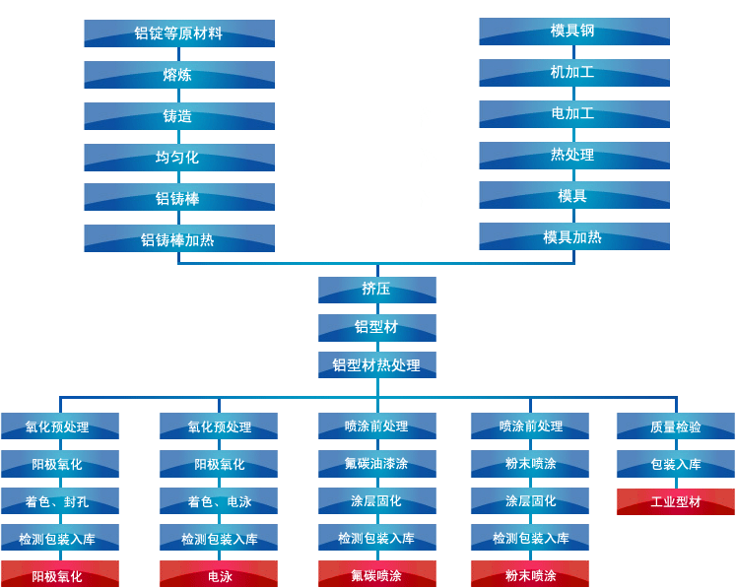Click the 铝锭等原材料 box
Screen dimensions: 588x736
[x=178, y=33]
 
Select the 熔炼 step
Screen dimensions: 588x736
[x=178, y=75]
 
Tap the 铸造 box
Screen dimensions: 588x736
[x=178, y=116]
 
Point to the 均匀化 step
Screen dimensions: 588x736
[x=178, y=158]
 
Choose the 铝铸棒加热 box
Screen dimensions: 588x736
[x=178, y=239]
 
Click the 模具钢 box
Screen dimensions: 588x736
[x=573, y=31]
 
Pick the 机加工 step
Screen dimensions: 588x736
[x=573, y=72]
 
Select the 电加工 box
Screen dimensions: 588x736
[x=573, y=113]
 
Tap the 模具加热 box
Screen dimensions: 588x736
[x=573, y=236]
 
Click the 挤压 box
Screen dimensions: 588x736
[x=376, y=290]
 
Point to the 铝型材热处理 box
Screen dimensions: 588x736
[x=376, y=365]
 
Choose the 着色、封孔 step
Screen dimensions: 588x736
[x=59, y=501]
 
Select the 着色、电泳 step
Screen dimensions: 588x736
[x=219, y=501]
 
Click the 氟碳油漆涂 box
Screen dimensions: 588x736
[x=376, y=463]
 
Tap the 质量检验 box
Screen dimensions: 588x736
[x=675, y=426]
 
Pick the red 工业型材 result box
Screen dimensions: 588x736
[x=675, y=501]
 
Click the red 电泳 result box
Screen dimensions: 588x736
[x=219, y=575]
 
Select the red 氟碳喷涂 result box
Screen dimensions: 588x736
[x=376, y=575]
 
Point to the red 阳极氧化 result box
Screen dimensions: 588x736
[x=59, y=575]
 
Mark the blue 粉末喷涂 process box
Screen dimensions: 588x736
[x=530, y=463]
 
